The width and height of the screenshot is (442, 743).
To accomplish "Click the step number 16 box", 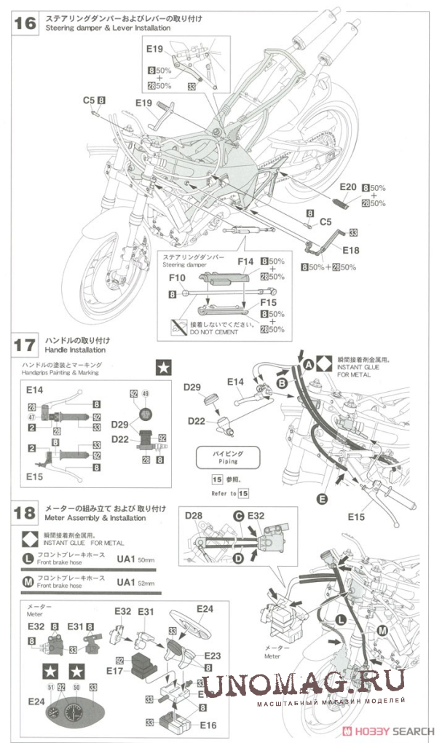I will (x=24, y=22).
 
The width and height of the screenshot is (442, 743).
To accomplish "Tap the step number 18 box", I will (x=24, y=513).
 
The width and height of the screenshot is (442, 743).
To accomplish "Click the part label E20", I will (x=347, y=186).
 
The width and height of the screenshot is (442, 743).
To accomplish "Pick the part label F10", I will (x=178, y=278).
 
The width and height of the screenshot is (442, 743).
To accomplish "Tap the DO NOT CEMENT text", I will (x=215, y=331).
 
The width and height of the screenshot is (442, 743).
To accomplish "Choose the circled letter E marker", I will (x=321, y=499).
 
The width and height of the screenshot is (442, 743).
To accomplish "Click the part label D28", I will (x=194, y=516).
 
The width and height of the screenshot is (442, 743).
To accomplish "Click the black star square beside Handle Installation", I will (x=164, y=368).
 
